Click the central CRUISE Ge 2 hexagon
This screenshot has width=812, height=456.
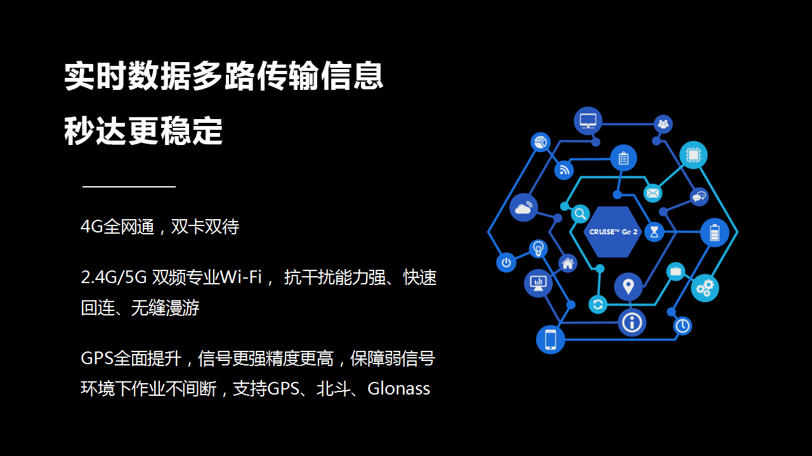click(x=613, y=232)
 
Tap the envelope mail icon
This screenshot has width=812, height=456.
click(x=653, y=193)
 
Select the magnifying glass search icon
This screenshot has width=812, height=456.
click(x=580, y=214)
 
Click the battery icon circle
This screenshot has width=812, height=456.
click(x=714, y=232)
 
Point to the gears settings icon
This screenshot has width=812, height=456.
click(x=705, y=288)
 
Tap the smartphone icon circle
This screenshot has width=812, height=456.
click(x=551, y=340)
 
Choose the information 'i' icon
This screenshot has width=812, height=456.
click(x=632, y=322)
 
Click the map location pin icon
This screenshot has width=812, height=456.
click(x=628, y=287)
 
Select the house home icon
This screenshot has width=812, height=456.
click(x=568, y=263)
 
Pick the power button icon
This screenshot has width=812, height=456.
click(x=506, y=263)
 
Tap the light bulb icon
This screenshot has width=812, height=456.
click(x=539, y=249)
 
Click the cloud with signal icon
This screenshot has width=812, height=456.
click(x=523, y=207)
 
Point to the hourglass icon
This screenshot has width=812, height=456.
click(x=654, y=232)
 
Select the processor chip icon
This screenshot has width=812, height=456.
click(x=693, y=155)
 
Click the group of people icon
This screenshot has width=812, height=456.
click(x=663, y=125)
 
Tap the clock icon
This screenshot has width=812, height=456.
click(x=683, y=326)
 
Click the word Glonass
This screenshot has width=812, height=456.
click(x=399, y=389)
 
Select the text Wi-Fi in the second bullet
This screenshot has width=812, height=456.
click(x=240, y=277)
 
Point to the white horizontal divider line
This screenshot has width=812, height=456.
click(x=129, y=187)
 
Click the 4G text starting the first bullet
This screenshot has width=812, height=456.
click(x=92, y=227)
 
